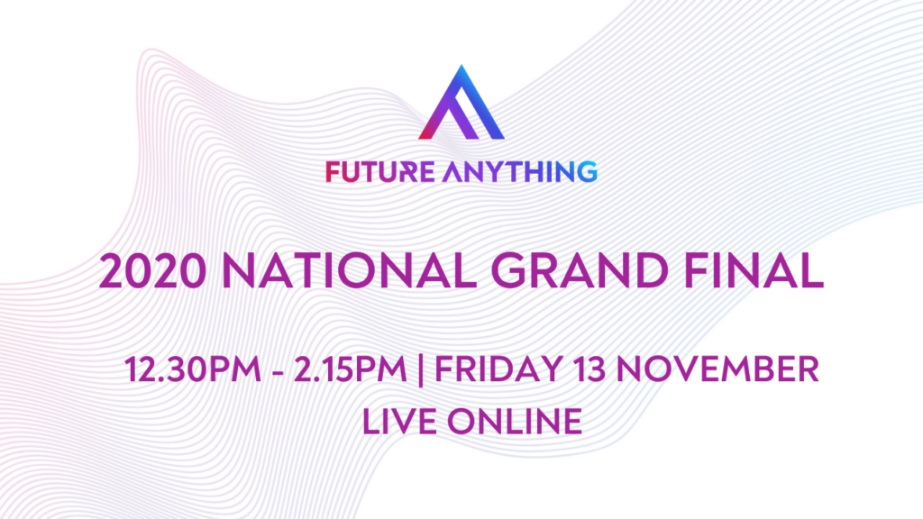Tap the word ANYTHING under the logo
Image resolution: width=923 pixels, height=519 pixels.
point(520,172)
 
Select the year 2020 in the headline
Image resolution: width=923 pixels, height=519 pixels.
point(153,270)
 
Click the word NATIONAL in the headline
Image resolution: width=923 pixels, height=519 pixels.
point(350,270)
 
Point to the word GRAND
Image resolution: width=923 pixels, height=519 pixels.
point(580,270)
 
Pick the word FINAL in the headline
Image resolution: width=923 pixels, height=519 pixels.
point(754,270)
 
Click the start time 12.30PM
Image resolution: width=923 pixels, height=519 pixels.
point(193,369)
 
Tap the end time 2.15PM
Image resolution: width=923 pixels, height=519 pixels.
point(350,369)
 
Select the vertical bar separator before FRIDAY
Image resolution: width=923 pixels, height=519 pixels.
point(420,369)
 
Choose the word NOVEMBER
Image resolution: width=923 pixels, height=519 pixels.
point(717,369)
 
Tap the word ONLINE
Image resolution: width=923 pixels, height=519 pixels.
point(515,422)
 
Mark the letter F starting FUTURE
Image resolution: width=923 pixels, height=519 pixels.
point(333,172)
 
